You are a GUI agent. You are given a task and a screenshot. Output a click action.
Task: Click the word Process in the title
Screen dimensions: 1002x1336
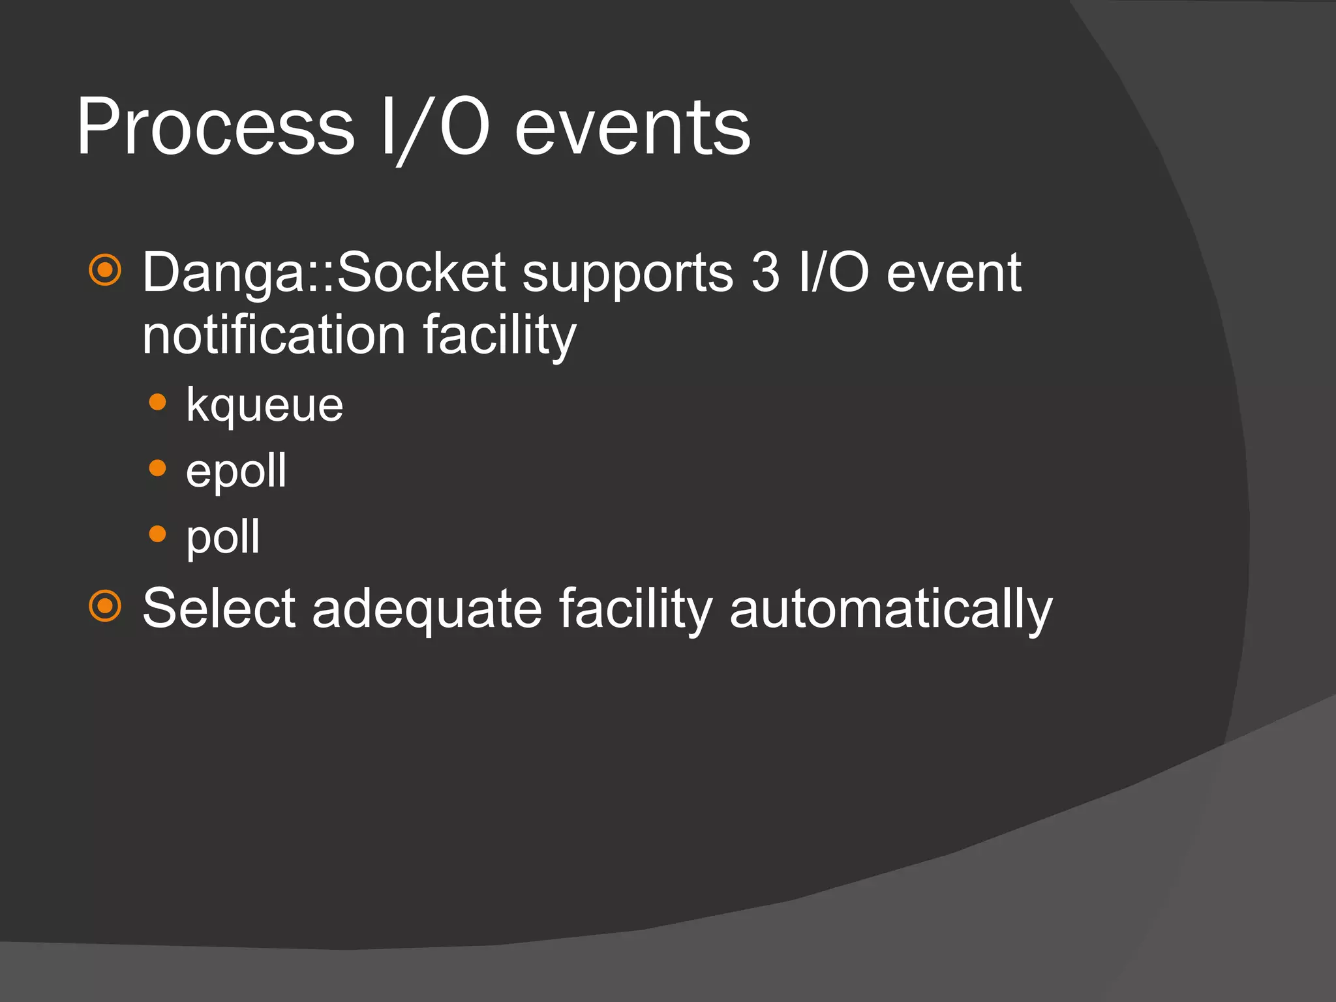click(x=215, y=127)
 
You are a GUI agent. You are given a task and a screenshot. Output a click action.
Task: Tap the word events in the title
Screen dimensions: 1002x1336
click(x=632, y=129)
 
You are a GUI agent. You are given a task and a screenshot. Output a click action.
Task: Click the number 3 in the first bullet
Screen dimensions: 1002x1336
click(x=765, y=273)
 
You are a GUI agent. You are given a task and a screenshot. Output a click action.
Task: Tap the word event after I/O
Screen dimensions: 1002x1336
click(x=954, y=273)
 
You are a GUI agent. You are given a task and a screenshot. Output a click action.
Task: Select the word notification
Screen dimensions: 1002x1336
click(x=274, y=335)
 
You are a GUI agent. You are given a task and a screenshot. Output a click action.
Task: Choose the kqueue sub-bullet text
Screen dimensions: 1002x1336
click(x=264, y=406)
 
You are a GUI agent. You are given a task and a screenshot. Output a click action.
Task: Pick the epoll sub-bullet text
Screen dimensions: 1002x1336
click(x=236, y=471)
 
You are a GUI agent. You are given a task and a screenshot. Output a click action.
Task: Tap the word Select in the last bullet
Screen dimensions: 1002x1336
click(x=219, y=608)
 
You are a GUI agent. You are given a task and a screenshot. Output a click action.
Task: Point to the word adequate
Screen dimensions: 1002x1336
click(x=427, y=609)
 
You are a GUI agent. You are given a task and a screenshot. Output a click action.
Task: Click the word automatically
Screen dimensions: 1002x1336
click(x=890, y=609)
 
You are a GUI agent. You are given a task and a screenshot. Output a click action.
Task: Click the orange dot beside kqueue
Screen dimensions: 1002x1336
click(x=157, y=402)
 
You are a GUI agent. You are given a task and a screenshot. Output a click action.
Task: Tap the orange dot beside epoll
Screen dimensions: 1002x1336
click(x=157, y=468)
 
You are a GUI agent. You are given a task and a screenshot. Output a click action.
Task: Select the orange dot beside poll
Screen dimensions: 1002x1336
click(x=157, y=534)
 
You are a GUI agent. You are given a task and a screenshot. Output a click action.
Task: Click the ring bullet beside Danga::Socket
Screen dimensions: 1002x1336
click(x=105, y=269)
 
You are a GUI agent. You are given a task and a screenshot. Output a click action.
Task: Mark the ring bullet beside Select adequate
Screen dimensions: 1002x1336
click(x=105, y=606)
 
